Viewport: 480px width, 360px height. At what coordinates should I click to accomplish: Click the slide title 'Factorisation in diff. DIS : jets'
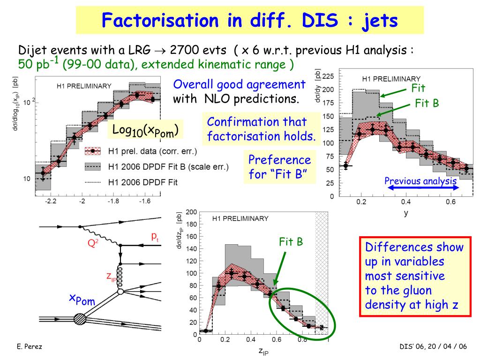[250, 20]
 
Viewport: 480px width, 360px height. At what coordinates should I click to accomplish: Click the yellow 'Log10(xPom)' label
[146, 130]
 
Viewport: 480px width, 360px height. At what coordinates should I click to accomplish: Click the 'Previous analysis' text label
[420, 180]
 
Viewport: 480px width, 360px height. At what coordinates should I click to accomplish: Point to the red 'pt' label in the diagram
[155, 238]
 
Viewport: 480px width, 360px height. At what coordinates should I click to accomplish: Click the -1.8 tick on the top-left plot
[112, 201]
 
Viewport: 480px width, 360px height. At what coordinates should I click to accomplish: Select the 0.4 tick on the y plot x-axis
[405, 202]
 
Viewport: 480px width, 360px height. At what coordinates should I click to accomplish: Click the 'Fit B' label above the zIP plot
[291, 242]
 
